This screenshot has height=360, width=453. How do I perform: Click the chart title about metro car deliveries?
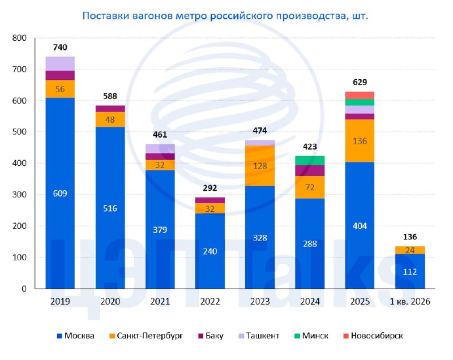225,16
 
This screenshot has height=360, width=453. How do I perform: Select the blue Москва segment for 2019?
60,193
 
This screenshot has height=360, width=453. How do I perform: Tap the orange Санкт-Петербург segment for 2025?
360,141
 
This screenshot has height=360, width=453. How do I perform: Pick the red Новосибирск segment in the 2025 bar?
360,95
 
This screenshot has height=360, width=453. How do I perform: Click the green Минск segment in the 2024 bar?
310,161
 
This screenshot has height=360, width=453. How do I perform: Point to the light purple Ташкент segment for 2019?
60,64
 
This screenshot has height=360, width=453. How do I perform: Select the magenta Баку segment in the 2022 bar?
210,200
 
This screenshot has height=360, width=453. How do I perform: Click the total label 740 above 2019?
60,48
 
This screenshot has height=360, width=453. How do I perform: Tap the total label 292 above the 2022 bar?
210,188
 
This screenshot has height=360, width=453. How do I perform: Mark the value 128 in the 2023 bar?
260,166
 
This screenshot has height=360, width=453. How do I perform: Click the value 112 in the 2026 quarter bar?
410,272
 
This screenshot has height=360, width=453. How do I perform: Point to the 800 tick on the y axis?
19,38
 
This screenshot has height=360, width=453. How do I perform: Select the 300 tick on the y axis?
19,195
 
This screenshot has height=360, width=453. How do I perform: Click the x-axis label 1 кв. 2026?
410,302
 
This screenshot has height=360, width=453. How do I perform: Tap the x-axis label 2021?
160,302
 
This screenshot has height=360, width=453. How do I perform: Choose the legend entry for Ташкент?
259,336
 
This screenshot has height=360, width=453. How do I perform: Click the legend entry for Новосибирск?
373,336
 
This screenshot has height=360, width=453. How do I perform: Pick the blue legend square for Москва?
60,336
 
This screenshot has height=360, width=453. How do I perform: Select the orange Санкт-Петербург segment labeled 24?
410,250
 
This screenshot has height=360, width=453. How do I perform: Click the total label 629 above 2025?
360,82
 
